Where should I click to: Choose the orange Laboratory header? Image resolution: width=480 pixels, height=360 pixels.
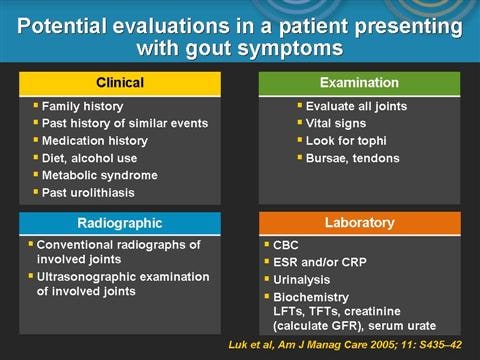[358, 223]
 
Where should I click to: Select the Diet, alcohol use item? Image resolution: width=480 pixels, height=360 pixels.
[86, 157]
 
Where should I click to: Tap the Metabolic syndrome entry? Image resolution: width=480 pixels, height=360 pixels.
[92, 174]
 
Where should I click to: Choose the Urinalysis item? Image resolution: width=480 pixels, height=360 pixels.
[304, 280]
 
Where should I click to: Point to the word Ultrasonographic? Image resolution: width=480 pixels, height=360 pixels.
[80, 276]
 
